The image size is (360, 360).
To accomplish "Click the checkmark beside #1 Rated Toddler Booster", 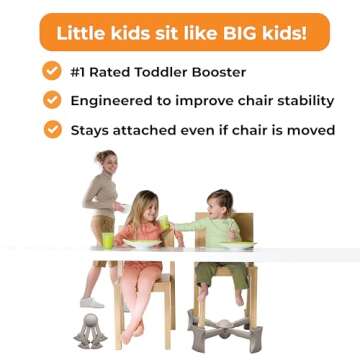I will [x=51, y=71].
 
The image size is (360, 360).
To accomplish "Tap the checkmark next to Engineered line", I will [x=51, y=100].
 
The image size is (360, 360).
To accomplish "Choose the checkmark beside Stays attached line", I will [x=51, y=130].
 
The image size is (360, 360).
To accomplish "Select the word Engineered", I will [x=116, y=101].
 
